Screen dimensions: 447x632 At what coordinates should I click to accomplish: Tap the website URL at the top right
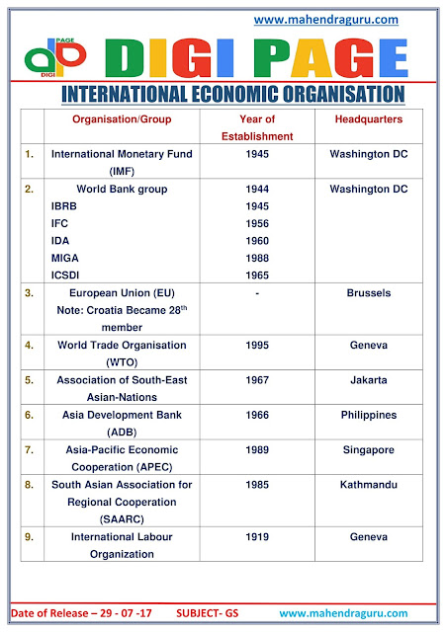tap(327, 19)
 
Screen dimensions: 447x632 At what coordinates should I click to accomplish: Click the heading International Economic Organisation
tap(232, 94)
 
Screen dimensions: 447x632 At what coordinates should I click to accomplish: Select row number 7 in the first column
tap(31, 450)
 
